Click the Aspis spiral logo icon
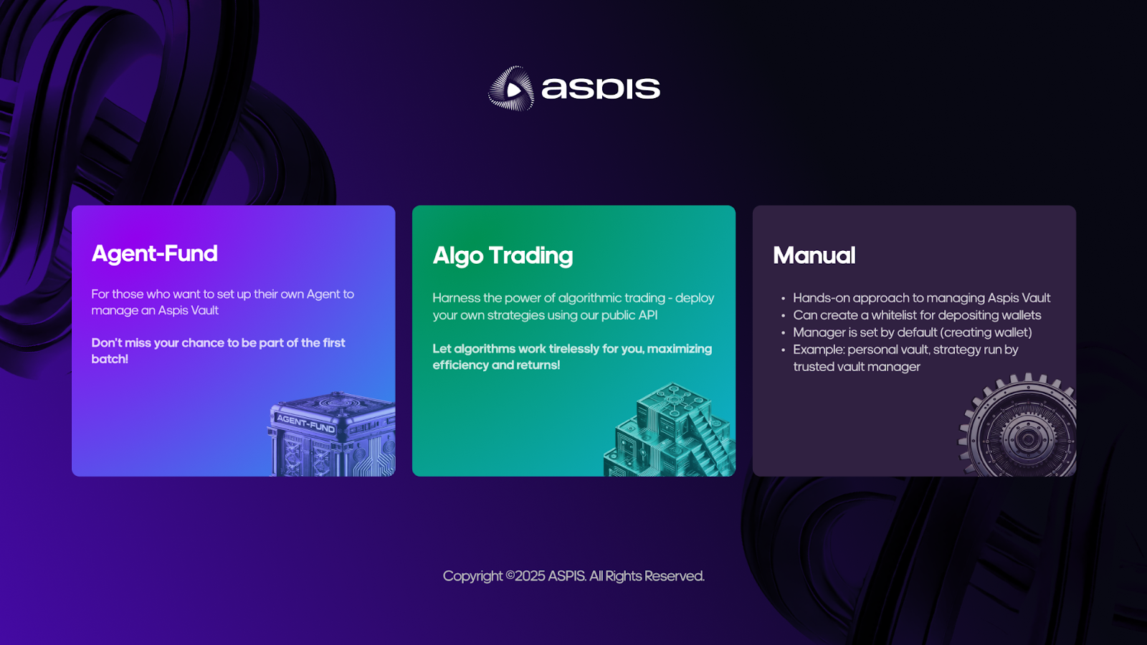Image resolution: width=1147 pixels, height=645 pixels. point(511,89)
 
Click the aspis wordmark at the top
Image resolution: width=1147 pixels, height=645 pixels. point(600,88)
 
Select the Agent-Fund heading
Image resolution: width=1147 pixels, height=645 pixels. point(155,254)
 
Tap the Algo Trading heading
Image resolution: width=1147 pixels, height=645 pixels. point(503,256)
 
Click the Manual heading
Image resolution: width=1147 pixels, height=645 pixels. point(814,256)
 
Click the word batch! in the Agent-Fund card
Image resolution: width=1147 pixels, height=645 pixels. point(110,359)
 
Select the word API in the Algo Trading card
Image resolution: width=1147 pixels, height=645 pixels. point(647,315)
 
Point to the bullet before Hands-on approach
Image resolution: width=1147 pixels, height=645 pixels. point(783,299)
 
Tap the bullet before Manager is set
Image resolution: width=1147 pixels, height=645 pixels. point(783,333)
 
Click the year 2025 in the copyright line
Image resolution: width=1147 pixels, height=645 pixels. point(530,576)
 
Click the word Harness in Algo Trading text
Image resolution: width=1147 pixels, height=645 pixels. point(456,298)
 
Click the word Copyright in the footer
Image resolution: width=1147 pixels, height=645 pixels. point(472,576)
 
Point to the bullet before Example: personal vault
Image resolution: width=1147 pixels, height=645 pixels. point(783,350)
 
